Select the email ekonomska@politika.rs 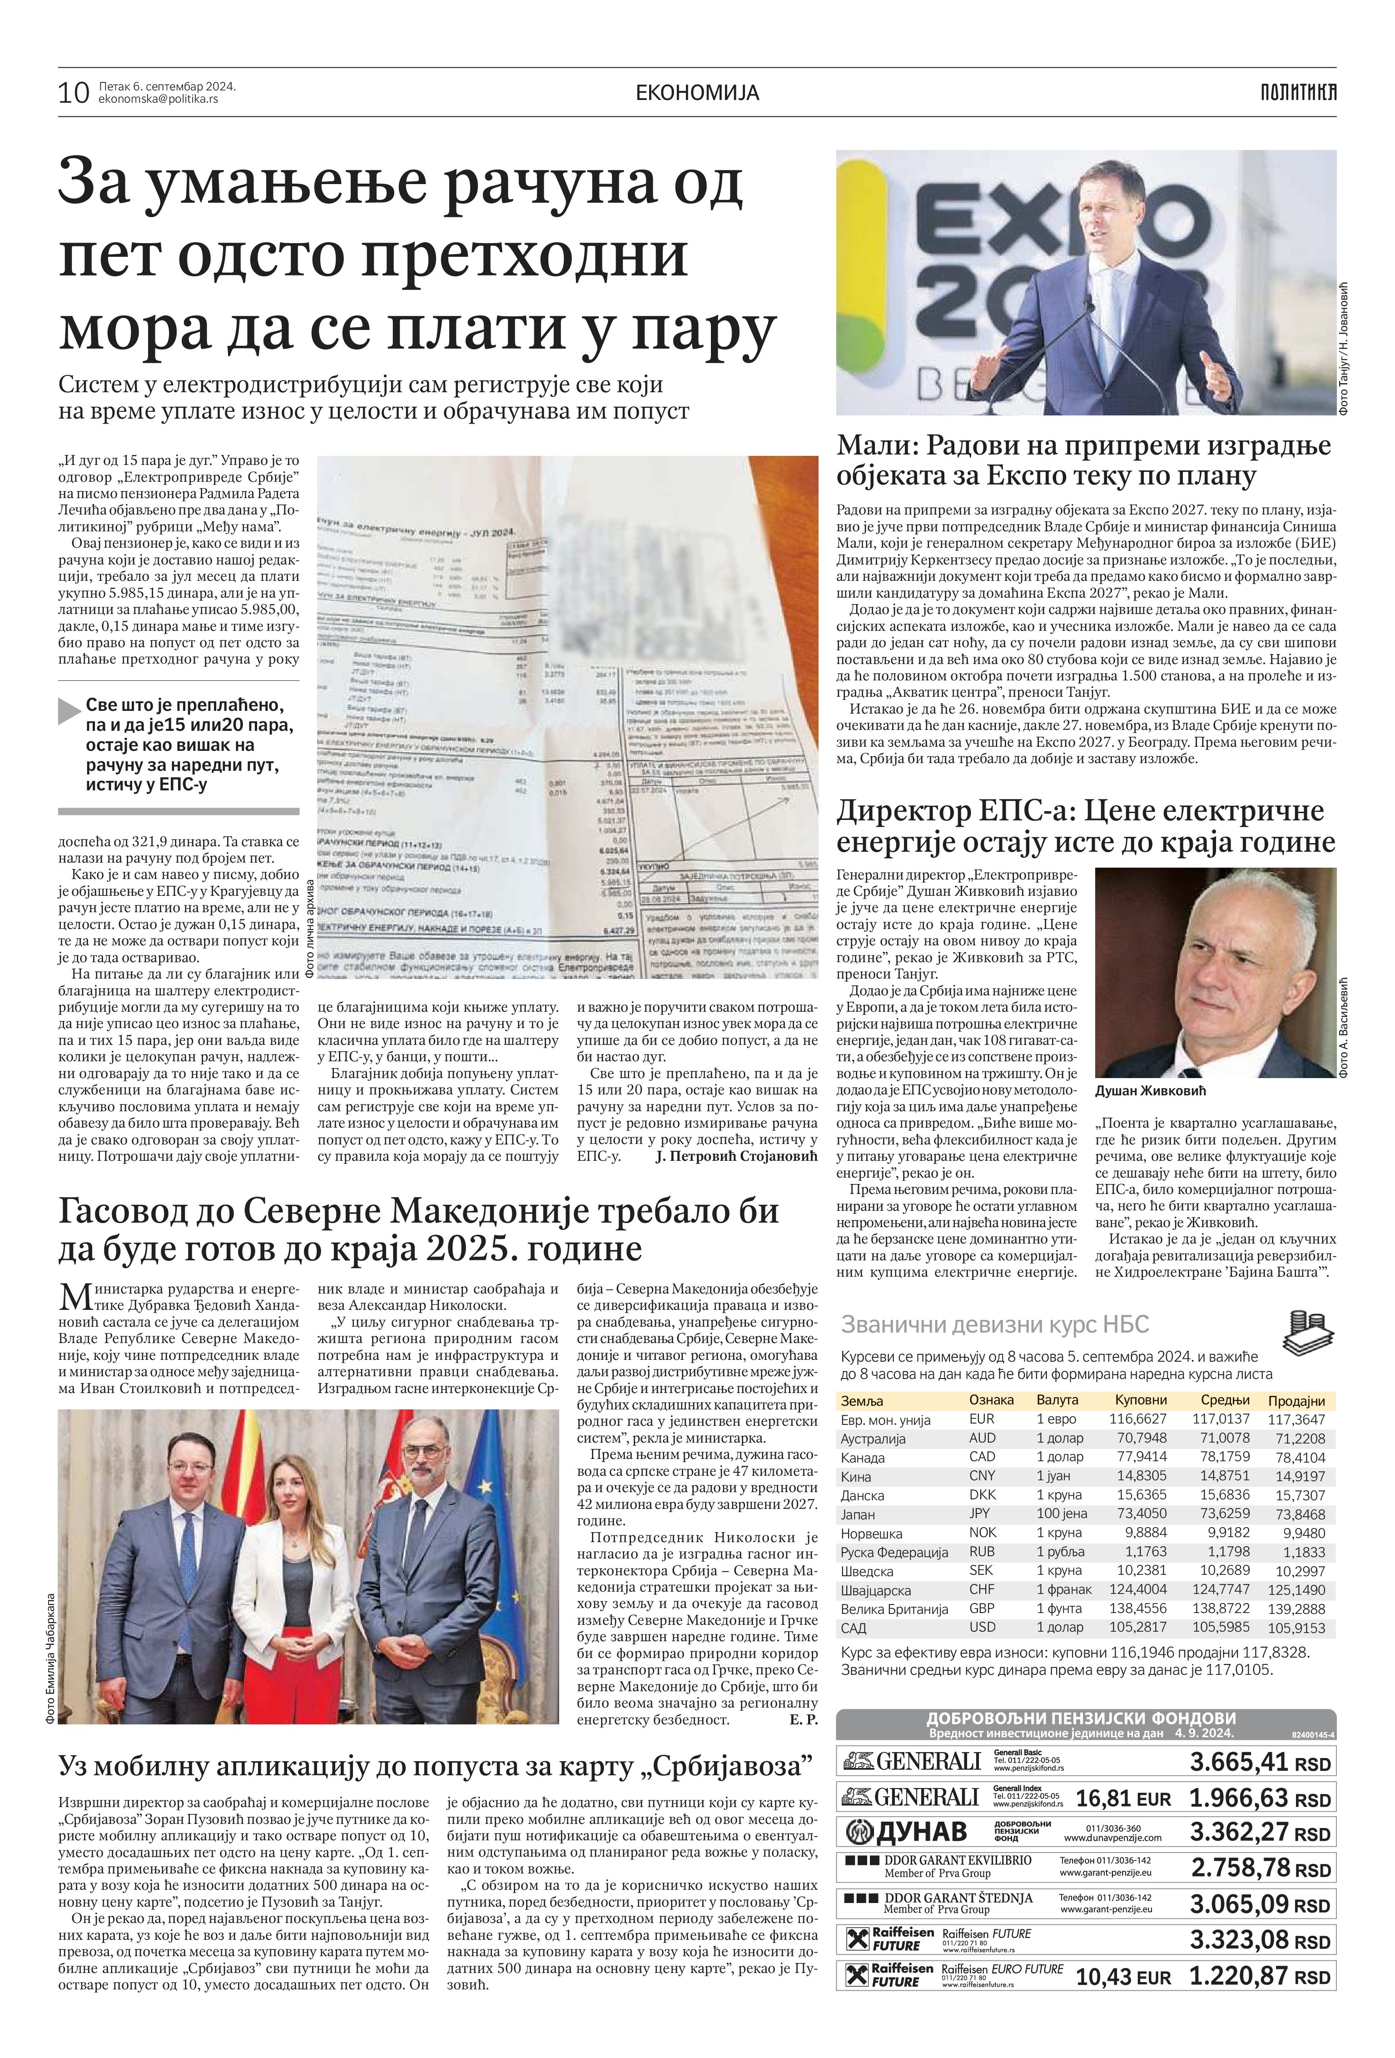pos(159,99)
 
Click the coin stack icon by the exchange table pos(1306,1333)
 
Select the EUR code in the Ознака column pos(982,1419)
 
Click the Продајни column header pos(1296,1400)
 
